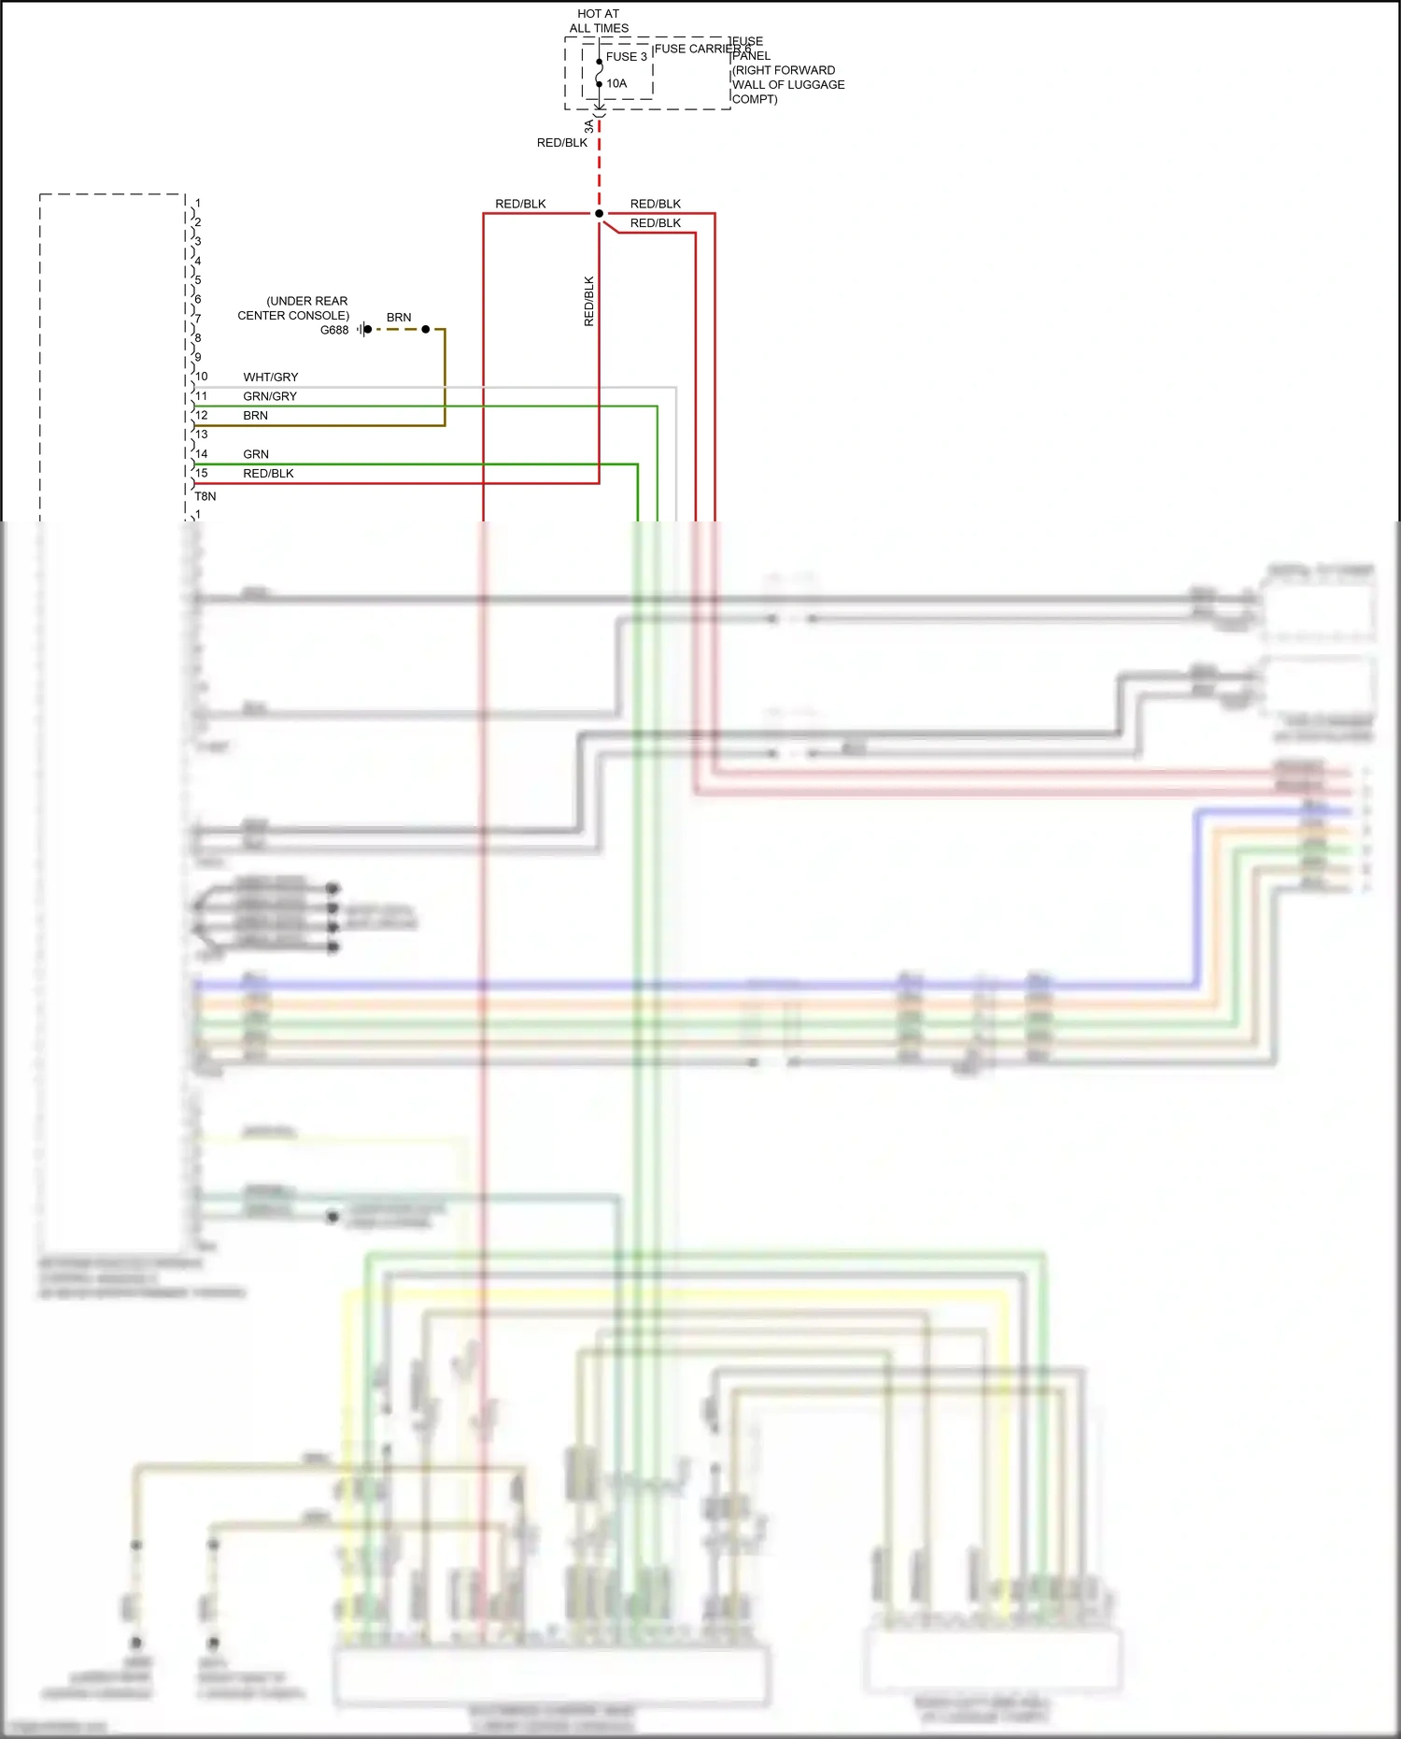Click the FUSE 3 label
coord(626,57)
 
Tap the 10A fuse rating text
coord(616,84)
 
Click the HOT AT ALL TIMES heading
coord(599,21)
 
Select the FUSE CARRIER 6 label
coord(701,49)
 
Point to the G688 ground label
coord(333,330)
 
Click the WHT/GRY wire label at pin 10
coord(271,378)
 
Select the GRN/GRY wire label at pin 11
coord(270,396)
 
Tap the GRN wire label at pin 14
coord(256,454)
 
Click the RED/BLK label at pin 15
coord(268,474)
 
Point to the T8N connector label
coord(205,496)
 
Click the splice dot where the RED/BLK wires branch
coord(599,214)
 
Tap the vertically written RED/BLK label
coord(588,301)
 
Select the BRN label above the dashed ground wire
coord(399,318)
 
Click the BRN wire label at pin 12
coord(255,416)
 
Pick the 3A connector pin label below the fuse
coord(588,126)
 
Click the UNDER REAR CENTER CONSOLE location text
coord(293,308)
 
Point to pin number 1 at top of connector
coord(198,203)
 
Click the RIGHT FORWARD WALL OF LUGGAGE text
coord(787,78)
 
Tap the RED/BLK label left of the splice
coord(520,204)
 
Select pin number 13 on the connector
coord(202,435)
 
